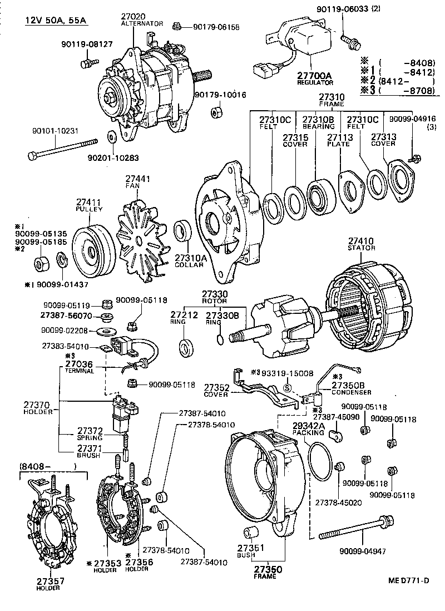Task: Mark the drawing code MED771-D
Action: tap(409, 582)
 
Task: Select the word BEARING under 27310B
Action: tap(318, 126)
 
